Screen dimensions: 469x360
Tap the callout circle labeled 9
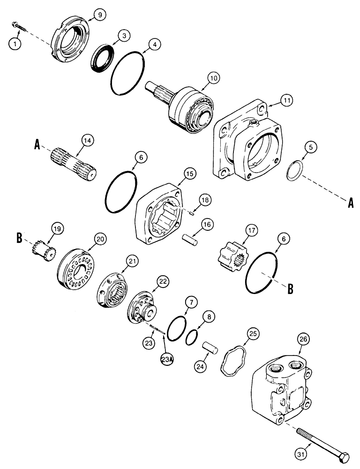98,15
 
